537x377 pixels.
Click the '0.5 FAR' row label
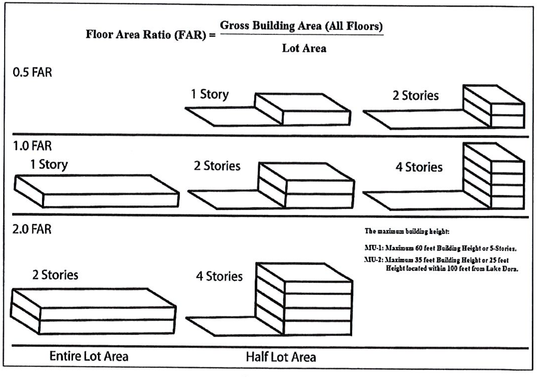tap(32, 72)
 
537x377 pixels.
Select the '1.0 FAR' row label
tap(32, 146)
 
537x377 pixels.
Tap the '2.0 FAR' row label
tap(32, 229)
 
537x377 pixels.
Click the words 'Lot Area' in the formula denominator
tap(304, 48)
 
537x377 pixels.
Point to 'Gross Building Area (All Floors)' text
tap(301, 26)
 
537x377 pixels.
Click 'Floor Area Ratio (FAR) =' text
tap(150, 34)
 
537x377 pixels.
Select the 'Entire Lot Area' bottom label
tap(89, 356)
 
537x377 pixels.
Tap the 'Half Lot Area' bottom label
tap(281, 357)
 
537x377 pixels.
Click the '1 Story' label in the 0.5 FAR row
tap(210, 94)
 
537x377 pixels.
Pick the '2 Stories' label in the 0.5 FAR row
tap(415, 95)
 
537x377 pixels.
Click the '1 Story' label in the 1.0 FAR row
tap(49, 164)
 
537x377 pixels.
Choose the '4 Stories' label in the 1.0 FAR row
tap(419, 167)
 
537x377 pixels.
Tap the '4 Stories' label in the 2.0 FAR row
tap(219, 276)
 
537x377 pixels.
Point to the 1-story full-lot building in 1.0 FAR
tap(97, 191)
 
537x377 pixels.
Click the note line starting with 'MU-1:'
tap(440, 248)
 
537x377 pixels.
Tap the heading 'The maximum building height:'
tap(407, 231)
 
